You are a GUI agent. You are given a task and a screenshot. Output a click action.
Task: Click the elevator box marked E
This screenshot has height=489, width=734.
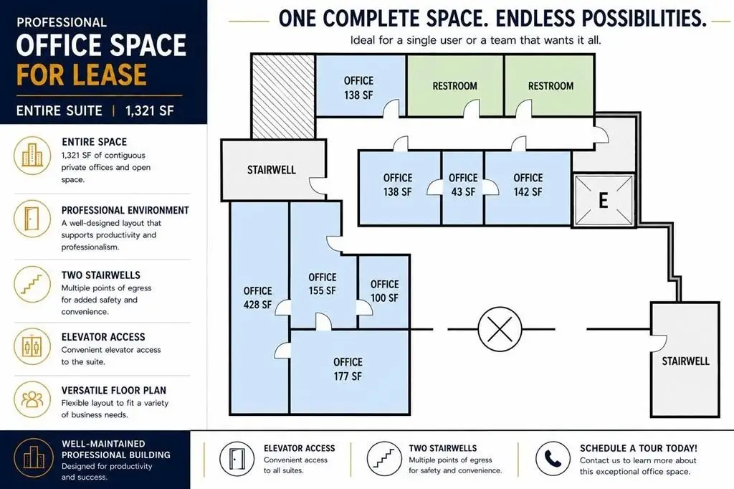(604, 200)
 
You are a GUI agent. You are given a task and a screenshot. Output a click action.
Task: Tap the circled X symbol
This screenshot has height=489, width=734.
(500, 329)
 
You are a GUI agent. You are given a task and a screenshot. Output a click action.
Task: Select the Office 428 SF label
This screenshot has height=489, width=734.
(257, 298)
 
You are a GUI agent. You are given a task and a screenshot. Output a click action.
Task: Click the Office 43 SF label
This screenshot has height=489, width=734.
(463, 184)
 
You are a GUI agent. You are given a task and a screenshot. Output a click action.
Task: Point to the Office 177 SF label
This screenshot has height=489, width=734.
(348, 369)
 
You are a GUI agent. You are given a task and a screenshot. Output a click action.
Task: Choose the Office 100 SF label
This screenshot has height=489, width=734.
(384, 291)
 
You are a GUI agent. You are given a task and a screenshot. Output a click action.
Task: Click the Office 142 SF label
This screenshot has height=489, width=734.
(528, 184)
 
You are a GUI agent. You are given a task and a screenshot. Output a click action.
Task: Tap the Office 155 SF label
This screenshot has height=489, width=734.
(322, 284)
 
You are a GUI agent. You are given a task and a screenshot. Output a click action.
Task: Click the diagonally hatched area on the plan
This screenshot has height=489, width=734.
(283, 97)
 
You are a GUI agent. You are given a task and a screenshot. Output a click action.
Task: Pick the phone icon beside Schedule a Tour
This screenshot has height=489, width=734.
(553, 459)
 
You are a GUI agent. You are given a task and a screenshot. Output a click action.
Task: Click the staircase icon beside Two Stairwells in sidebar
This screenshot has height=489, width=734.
(32, 285)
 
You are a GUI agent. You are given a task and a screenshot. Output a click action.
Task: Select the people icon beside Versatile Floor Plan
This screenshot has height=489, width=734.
(32, 399)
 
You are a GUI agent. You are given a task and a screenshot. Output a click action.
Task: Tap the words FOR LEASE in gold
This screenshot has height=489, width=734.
(82, 75)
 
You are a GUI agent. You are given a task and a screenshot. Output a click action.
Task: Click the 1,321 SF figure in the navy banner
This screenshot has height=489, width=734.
(149, 111)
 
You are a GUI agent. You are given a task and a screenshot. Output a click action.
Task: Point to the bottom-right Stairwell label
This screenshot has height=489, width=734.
(685, 361)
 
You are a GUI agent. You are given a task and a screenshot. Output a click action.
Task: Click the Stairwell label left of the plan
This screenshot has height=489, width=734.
(272, 169)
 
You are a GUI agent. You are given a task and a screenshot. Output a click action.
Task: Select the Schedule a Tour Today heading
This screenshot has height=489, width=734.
(639, 448)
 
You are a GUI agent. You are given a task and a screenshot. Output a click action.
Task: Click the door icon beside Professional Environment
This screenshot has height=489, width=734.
(32, 219)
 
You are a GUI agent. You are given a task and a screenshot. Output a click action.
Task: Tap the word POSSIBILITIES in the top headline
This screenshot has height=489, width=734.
(601, 19)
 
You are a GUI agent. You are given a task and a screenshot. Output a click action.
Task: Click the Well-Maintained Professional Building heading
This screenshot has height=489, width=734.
(115, 449)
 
